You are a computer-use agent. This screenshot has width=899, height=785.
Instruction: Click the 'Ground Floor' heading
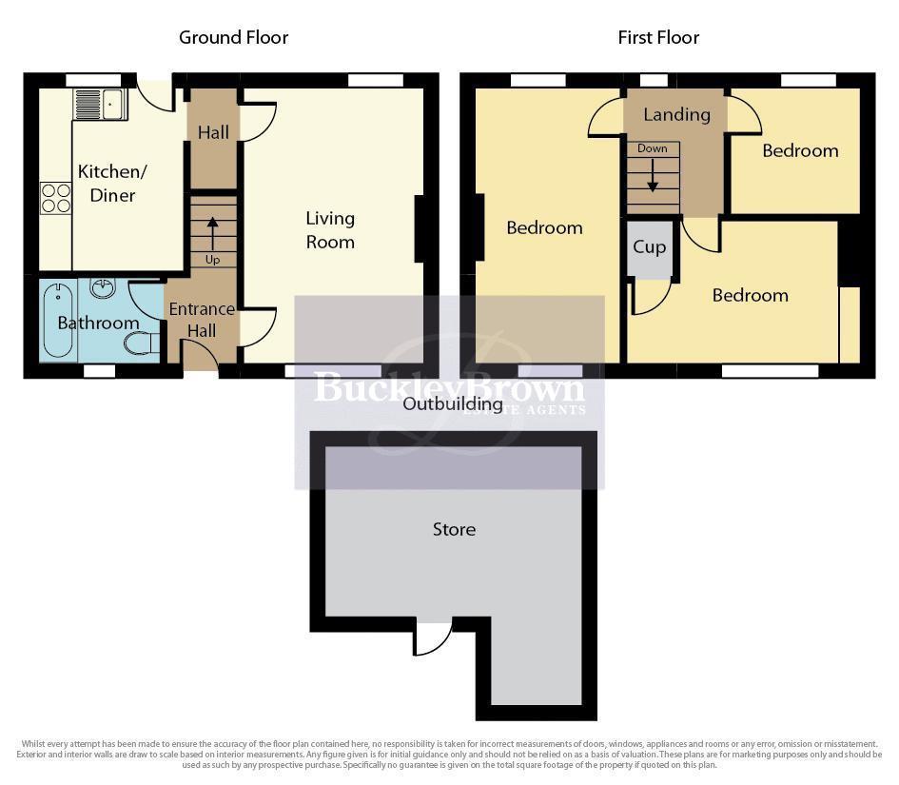click(x=233, y=38)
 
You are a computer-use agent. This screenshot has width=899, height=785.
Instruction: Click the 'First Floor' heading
click(x=658, y=38)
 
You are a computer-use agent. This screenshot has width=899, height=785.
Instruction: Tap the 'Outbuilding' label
click(x=452, y=404)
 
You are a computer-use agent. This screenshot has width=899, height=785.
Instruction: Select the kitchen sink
click(x=100, y=103)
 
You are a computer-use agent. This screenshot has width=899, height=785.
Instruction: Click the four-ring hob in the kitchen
click(x=56, y=198)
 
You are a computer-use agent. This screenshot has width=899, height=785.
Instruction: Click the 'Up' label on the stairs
click(x=211, y=260)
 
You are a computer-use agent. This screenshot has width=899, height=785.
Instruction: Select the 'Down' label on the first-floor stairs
click(x=652, y=148)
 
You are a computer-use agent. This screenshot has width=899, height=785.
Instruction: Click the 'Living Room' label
click(x=330, y=230)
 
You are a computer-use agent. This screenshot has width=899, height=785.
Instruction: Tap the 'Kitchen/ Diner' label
click(x=107, y=184)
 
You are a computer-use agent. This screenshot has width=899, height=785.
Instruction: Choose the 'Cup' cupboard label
click(x=650, y=247)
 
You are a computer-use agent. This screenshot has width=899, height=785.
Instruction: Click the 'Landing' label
click(x=676, y=115)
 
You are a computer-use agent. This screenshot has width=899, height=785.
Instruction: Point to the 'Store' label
click(x=454, y=529)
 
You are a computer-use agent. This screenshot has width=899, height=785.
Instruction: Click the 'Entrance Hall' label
click(x=202, y=321)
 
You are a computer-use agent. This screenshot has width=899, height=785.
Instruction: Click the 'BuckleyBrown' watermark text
click(x=449, y=388)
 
